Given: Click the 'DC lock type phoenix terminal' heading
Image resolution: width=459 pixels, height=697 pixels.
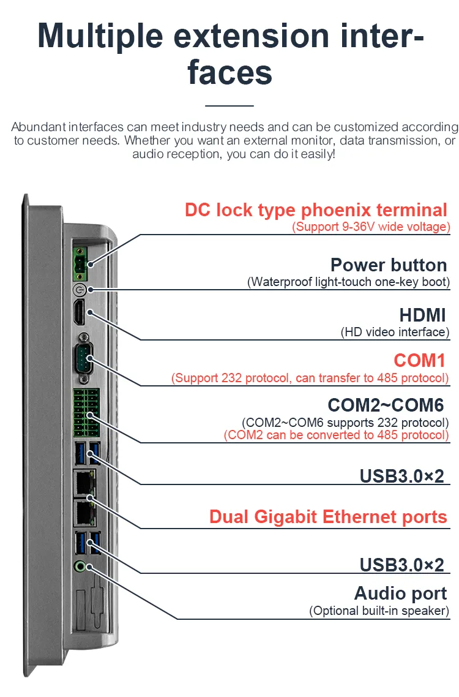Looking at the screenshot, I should (x=316, y=210).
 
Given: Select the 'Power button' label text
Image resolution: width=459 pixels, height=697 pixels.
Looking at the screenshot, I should (x=389, y=265).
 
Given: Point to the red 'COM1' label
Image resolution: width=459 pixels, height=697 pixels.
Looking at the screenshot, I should (x=421, y=360).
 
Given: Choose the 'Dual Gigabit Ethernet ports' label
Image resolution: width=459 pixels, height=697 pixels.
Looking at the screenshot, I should (x=328, y=516).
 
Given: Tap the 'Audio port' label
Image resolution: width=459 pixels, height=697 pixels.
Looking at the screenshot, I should (x=400, y=593).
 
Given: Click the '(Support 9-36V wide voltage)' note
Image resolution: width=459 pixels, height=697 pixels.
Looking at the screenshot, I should (x=371, y=227).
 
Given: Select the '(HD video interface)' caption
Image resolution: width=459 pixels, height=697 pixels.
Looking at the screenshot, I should (x=395, y=332).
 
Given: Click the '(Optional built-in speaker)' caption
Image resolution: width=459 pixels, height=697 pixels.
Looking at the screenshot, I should (x=379, y=610).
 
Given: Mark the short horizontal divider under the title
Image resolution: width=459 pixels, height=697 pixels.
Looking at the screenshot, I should (x=229, y=106).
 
